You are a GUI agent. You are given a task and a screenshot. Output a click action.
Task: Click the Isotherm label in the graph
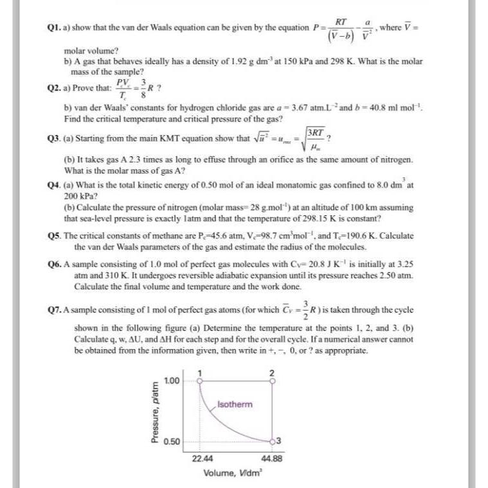pyautogui.click(x=235, y=404)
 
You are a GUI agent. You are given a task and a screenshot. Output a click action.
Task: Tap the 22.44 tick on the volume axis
pyautogui.click(x=202, y=459)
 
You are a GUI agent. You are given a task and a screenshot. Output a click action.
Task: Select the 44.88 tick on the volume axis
pyautogui.click(x=272, y=459)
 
